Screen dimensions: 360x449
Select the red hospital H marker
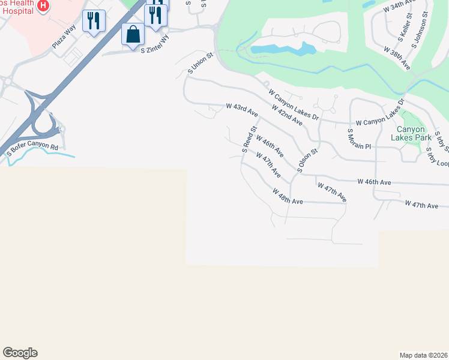pos(43,6)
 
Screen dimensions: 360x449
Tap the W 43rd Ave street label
pos(242,110)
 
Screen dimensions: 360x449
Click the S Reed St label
pos(249,139)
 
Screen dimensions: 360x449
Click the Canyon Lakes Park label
pos(411,133)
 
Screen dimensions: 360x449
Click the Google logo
pos(20,353)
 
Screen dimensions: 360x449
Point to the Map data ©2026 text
pos(424,355)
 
